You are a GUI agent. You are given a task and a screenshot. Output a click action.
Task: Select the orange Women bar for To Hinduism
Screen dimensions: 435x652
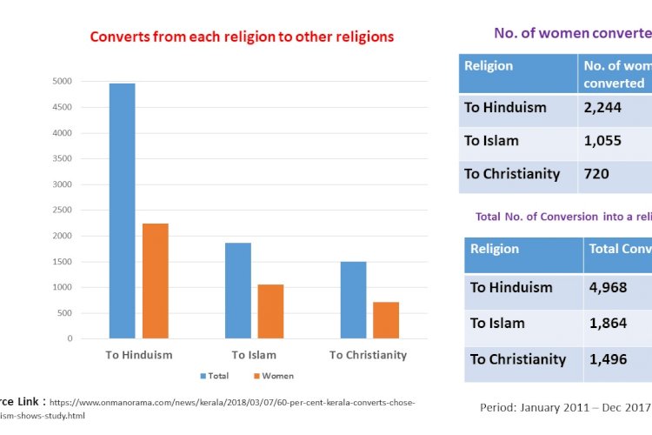(156, 280)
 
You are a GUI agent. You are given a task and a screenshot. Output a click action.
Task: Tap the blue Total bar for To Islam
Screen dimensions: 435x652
(238, 291)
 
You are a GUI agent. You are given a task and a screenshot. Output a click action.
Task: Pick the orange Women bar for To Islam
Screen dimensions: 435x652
(270, 311)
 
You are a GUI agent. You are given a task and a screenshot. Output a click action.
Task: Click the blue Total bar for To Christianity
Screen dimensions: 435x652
(353, 300)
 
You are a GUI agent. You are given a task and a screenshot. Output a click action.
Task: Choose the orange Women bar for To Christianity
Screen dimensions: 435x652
(386, 320)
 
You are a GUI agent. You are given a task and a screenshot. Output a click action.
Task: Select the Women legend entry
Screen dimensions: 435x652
(274, 376)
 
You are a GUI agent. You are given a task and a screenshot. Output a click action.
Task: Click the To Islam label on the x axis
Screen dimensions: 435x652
(254, 355)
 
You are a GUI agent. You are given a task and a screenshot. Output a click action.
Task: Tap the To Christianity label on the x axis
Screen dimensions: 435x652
(368, 355)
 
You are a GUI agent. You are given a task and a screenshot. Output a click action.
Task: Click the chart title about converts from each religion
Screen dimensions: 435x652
(242, 37)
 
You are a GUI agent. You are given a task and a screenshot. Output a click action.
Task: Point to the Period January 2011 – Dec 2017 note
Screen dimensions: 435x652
(565, 406)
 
